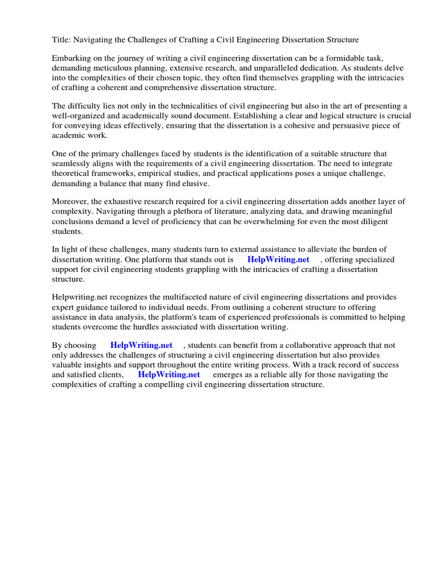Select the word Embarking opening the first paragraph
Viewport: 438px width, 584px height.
(72, 59)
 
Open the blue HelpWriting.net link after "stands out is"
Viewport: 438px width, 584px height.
(278, 259)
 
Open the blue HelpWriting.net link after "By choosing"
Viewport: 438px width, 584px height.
(141, 345)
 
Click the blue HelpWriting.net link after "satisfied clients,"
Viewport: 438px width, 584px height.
(169, 374)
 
